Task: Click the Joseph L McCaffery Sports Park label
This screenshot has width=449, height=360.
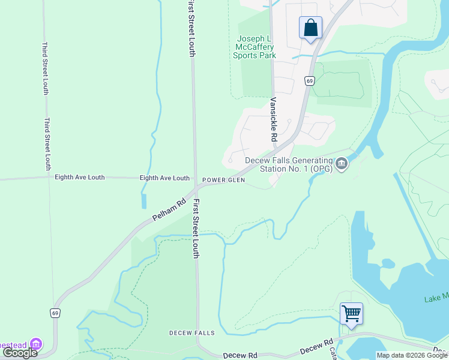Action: (255, 47)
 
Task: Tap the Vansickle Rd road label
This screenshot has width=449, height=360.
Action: (273, 119)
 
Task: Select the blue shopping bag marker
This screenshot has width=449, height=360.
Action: (310, 28)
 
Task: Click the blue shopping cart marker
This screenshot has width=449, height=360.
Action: (351, 313)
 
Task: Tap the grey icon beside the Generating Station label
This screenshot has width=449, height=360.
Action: (342, 163)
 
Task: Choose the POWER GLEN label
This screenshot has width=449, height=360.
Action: (223, 180)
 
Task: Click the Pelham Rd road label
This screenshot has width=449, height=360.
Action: (167, 209)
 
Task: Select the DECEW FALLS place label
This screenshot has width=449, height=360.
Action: (191, 332)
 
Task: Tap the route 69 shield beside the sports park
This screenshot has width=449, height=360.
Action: (309, 81)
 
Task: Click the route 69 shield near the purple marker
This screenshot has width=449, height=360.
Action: (55, 313)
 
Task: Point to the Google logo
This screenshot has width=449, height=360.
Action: (20, 353)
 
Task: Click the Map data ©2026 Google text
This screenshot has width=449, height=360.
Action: (412, 355)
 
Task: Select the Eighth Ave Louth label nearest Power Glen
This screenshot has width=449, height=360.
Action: (164, 178)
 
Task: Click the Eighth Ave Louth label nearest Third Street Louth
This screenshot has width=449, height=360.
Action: (79, 178)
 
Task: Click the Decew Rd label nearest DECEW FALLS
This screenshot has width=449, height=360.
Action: (240, 355)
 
